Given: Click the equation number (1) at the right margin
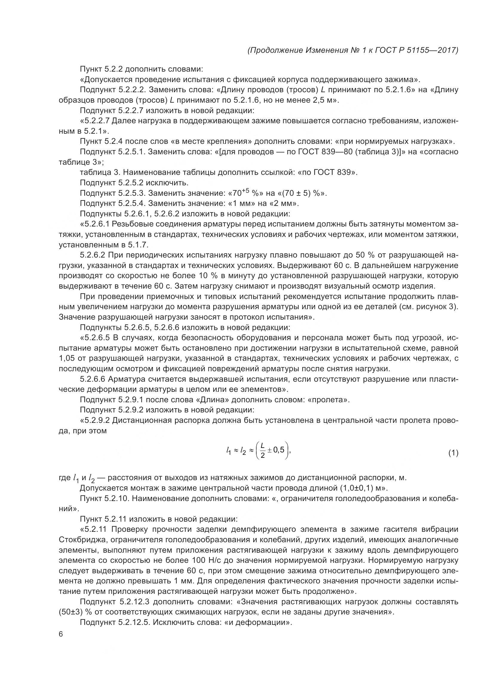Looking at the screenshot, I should tap(453, 453).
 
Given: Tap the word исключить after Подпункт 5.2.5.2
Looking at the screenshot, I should tap(167, 183).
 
